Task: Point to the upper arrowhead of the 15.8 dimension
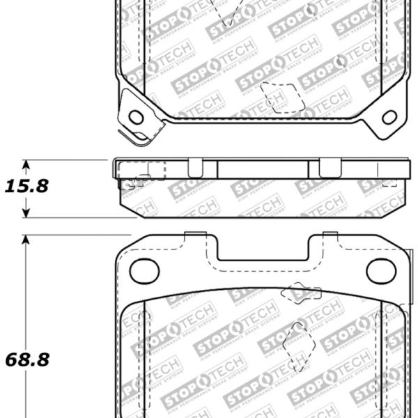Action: (26, 166)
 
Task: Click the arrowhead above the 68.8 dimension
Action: (26, 240)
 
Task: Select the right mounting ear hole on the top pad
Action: (389, 116)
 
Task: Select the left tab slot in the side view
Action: (195, 168)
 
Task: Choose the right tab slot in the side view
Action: (328, 168)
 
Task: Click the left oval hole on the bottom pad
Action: (144, 270)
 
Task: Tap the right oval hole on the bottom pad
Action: (380, 270)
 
